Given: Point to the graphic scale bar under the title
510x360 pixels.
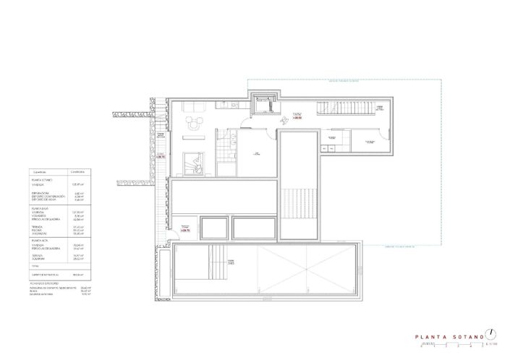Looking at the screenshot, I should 449,345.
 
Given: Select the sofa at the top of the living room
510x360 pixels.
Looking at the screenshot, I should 194,106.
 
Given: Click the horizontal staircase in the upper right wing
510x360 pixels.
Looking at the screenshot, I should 347,112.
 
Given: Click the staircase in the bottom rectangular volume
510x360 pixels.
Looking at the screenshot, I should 215,256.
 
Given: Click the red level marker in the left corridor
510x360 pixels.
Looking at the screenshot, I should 161,155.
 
